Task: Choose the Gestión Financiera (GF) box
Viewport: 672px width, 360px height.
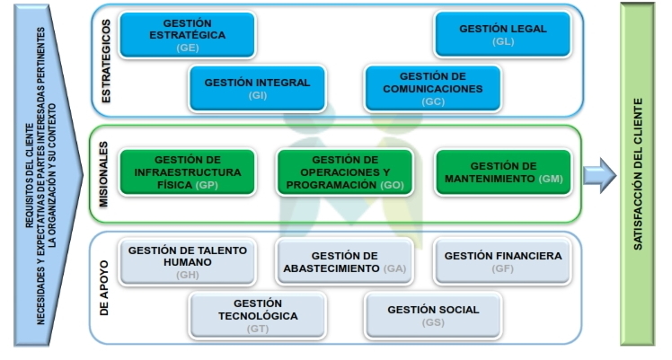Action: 502,261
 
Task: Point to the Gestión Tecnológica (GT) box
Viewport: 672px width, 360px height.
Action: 258,316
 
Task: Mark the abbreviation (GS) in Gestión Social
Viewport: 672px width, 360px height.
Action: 434,322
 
